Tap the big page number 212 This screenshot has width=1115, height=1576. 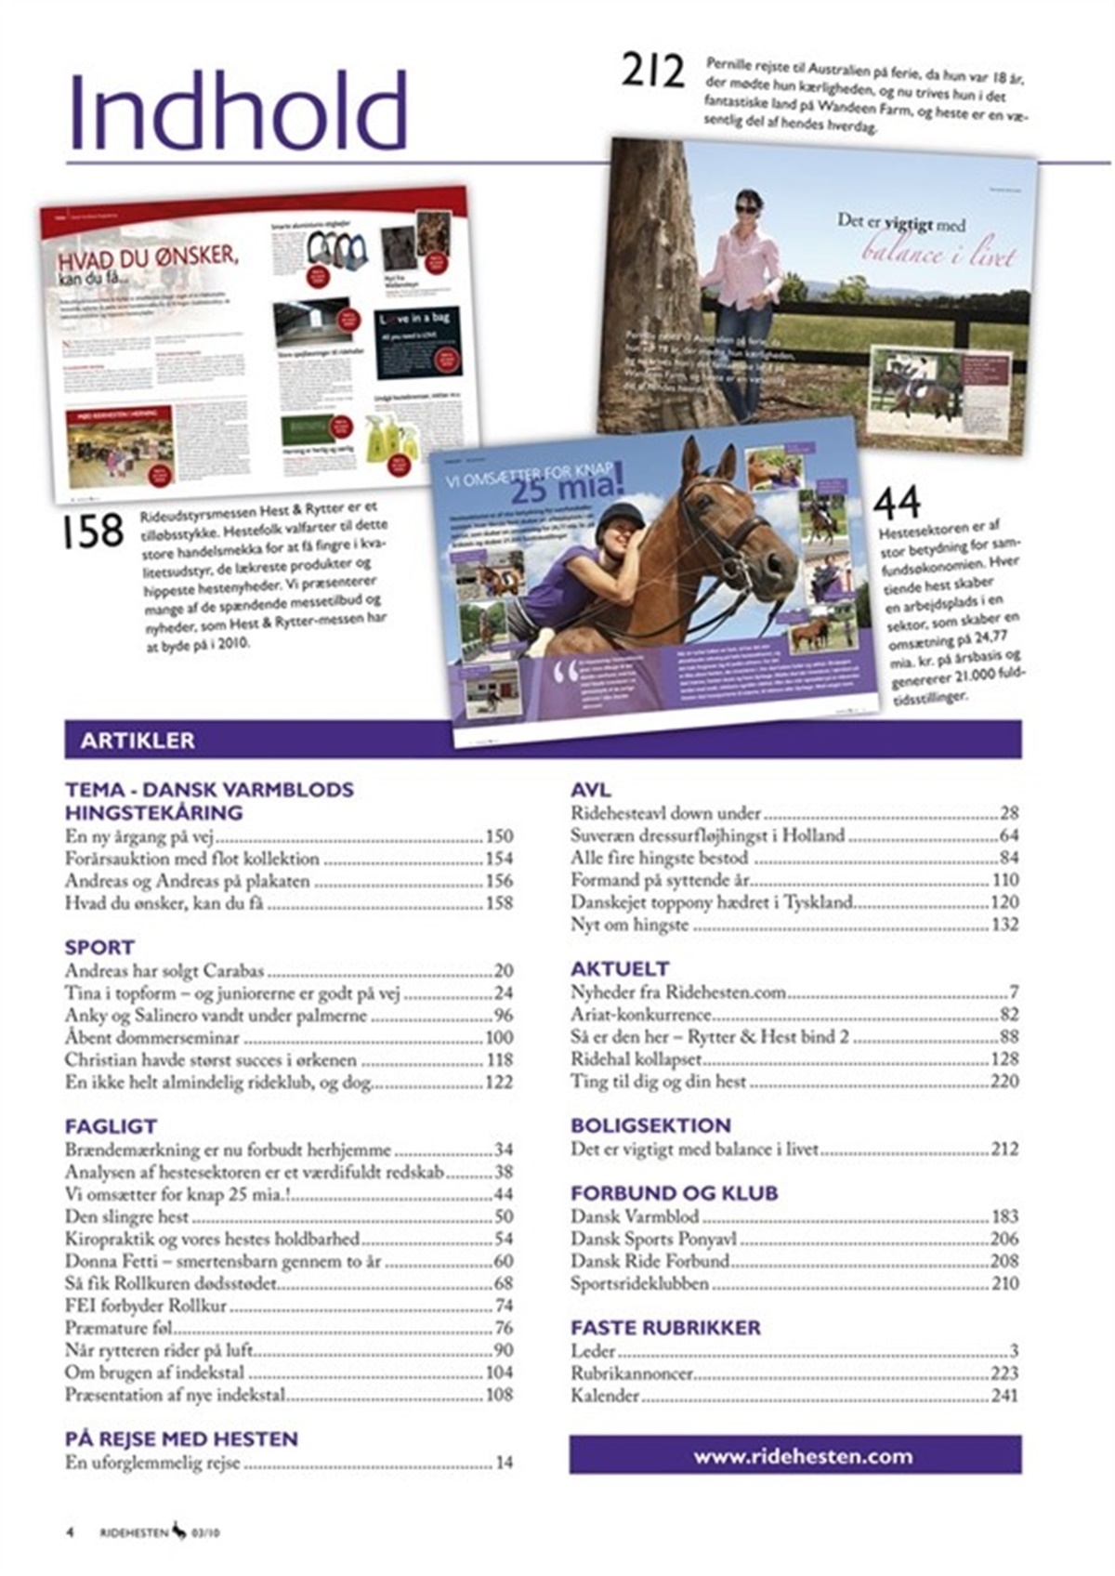tap(652, 72)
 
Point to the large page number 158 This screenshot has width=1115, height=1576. tap(93, 532)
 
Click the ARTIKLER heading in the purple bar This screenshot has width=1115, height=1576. tap(138, 741)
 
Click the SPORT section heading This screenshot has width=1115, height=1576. tap(99, 947)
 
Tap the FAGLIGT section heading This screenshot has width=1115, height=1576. tap(111, 1126)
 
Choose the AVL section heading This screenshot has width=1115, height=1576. tap(591, 790)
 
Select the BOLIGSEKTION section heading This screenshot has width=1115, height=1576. tap(650, 1124)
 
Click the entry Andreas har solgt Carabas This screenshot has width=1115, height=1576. tap(164, 971)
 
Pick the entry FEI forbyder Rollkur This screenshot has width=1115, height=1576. tap(146, 1306)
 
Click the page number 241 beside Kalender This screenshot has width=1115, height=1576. tap(1004, 1395)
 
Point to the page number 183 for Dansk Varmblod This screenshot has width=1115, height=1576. tap(1004, 1216)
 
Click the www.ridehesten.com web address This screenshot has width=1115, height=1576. tap(803, 1456)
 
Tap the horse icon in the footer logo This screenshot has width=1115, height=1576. tap(178, 1531)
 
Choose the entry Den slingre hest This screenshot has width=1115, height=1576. tap(126, 1216)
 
